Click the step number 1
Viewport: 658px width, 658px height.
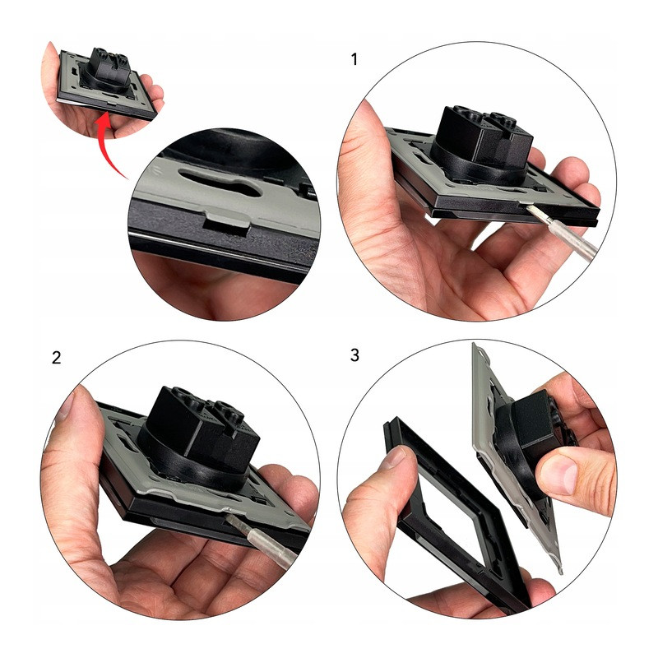tap(354, 59)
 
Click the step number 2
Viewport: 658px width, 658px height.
tap(56, 358)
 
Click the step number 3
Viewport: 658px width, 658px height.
tap(354, 355)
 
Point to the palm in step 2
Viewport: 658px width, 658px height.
tap(176, 579)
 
